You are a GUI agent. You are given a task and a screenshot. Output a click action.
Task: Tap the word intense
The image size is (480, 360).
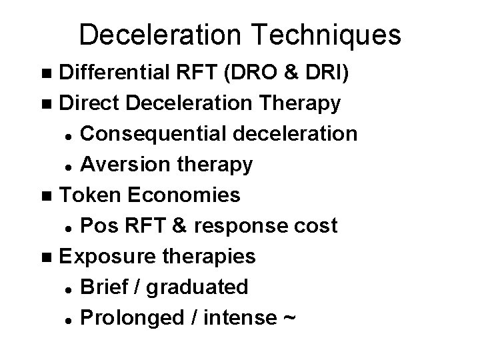click(x=231, y=318)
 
